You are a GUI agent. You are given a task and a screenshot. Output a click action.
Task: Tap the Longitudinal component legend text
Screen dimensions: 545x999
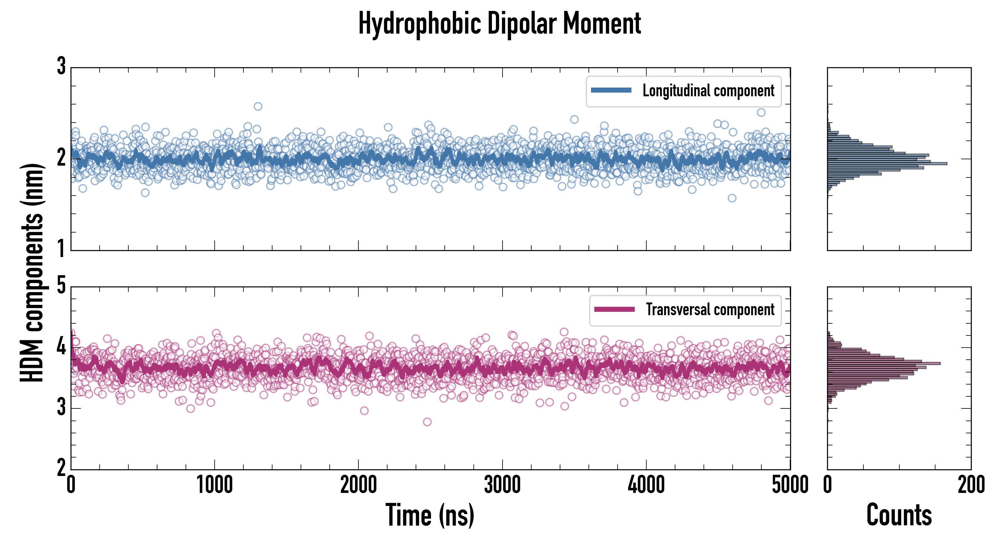point(708,91)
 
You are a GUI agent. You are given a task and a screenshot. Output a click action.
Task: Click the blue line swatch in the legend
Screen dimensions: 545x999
point(611,91)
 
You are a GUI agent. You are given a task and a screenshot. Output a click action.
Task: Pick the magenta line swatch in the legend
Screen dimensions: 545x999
point(614,309)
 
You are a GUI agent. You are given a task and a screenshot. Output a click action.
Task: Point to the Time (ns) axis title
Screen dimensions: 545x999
point(430,515)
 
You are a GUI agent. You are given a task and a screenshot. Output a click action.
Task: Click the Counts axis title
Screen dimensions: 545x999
point(899,515)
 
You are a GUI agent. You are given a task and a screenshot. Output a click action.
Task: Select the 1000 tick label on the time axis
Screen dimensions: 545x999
point(214,485)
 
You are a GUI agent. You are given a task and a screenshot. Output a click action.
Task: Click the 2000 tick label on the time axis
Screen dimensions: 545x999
point(358,485)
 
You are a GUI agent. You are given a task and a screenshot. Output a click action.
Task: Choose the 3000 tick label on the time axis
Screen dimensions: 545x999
point(502,485)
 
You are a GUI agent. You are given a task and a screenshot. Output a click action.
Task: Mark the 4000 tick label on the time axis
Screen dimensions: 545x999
point(646,485)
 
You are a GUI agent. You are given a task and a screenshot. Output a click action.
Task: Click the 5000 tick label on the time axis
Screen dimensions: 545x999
point(790,485)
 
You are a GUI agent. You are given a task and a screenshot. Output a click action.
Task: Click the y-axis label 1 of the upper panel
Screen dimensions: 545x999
point(61,248)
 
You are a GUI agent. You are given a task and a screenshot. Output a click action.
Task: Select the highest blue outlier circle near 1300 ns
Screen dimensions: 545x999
point(258,106)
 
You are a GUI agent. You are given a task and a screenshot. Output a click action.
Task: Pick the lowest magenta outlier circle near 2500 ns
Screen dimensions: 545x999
point(427,422)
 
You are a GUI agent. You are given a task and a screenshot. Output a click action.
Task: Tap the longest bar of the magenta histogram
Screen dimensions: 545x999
point(884,363)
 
